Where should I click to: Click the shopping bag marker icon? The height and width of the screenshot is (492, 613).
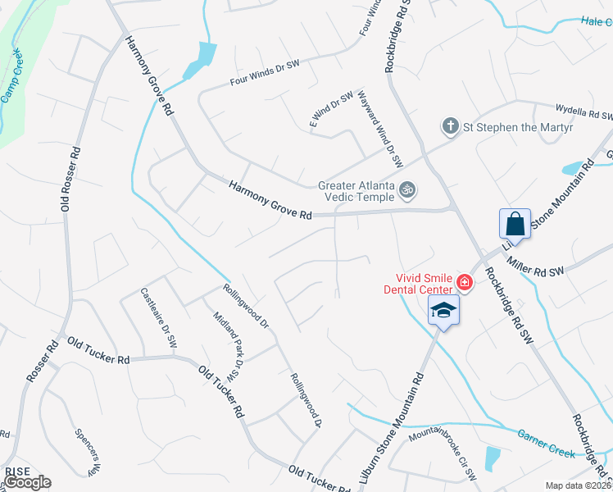515,222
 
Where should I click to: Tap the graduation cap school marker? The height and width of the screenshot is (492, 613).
443,310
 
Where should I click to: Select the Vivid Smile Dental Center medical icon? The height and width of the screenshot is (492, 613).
465,283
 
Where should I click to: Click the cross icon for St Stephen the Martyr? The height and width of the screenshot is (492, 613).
449,126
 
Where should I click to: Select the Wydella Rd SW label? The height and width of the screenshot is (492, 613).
584,112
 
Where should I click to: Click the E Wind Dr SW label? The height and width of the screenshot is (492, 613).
330,107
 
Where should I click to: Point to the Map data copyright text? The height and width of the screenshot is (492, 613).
579,485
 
